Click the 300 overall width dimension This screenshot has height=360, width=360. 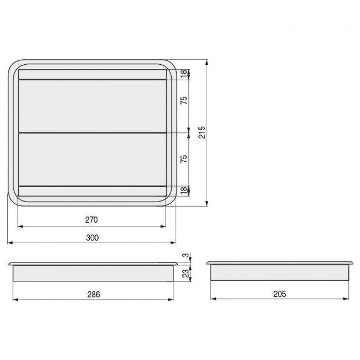click(x=92, y=238)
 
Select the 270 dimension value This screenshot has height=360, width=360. click(x=92, y=220)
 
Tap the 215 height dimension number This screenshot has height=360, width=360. click(x=202, y=132)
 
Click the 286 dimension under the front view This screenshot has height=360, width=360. click(x=94, y=294)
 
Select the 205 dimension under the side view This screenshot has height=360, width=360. click(x=280, y=294)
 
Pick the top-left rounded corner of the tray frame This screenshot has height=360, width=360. click(x=14, y=65)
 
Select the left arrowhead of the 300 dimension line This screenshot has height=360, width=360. click(x=9, y=243)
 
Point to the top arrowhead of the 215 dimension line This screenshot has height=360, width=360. click(x=207, y=62)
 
